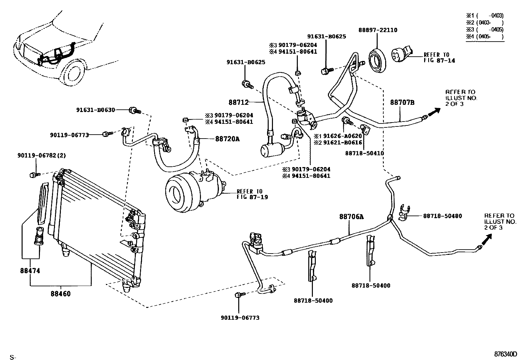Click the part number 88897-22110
coord(378,30)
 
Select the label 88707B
coord(402,103)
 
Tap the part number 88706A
coord(351,217)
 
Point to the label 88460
coord(61,294)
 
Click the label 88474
coord(30,271)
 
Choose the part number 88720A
coord(227,139)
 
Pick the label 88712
coord(238,102)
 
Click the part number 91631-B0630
coord(96,110)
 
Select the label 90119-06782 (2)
coord(42,155)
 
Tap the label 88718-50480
coord(442,216)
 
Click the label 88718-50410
coord(365,153)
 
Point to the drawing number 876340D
coord(505,354)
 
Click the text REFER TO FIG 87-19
coord(252,194)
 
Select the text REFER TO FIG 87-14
coord(439,58)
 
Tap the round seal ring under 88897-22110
coord(377,60)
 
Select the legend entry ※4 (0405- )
coord(485,37)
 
